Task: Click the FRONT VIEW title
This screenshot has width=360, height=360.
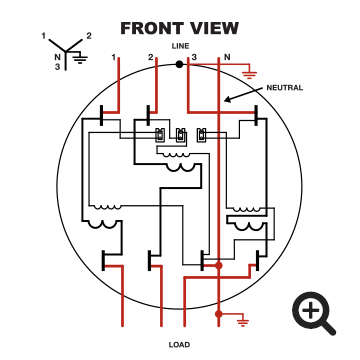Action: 179,28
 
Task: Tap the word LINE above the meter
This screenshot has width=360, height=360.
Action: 180,46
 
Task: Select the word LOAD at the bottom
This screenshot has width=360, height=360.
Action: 179,345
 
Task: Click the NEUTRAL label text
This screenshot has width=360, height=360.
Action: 285,88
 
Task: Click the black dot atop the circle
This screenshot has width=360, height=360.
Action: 179,64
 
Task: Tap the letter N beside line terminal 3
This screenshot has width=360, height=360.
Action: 227,57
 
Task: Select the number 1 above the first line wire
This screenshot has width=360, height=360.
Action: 114,58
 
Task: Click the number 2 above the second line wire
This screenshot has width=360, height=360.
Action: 151,58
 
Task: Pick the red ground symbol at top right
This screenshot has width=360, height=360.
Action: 247,74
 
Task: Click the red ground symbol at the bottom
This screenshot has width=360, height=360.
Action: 243,321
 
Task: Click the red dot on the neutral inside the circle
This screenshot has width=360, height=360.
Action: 218,265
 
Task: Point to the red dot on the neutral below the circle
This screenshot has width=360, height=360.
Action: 218,314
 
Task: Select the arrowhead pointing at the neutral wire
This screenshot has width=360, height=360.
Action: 227,99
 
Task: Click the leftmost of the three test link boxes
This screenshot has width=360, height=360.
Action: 160,135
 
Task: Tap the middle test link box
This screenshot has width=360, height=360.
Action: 181,135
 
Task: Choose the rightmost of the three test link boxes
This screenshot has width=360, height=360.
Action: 201,135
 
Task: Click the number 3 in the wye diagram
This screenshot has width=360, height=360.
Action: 57,67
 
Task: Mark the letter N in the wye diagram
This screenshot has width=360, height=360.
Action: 57,57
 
